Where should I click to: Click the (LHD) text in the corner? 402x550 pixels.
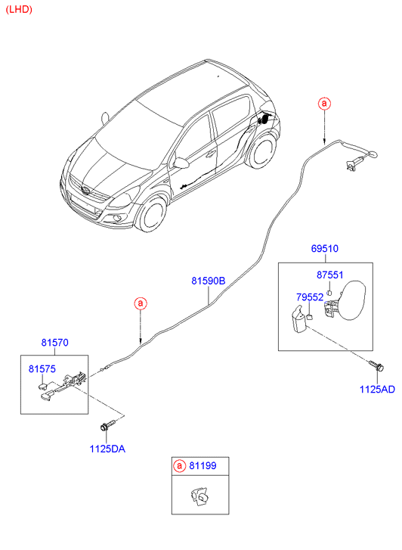19,10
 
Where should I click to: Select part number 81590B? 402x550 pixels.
209,281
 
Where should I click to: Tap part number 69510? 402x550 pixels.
324,248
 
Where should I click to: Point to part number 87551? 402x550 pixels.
329,275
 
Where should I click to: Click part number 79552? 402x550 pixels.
310,297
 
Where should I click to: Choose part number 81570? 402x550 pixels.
54,343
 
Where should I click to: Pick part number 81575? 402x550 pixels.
42,368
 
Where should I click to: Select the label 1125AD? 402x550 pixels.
377,390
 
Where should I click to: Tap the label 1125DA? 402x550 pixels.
107,449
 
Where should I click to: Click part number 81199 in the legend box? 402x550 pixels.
203,466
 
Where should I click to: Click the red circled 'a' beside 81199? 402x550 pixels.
179,466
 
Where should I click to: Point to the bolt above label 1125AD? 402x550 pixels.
377,366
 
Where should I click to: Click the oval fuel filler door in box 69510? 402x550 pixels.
352,300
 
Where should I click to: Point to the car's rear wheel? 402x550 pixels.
263,151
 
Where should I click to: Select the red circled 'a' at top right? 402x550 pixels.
324,104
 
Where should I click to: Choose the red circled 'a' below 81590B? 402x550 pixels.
141,303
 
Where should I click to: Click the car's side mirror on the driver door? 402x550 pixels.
181,163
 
